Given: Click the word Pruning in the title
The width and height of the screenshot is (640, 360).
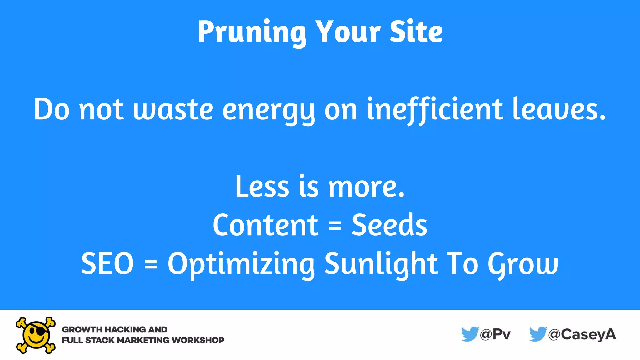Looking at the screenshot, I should tap(252, 32).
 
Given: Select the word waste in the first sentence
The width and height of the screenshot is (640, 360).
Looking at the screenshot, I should tap(173, 109).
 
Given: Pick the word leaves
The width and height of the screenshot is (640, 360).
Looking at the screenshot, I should tap(559, 109).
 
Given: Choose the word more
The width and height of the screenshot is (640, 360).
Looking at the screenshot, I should tap(366, 187).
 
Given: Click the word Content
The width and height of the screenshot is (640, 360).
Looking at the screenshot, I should tap(265, 225).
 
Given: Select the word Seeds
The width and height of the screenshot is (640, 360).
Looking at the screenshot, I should tap(389, 225).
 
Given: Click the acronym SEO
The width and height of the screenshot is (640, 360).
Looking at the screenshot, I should tap(107, 263).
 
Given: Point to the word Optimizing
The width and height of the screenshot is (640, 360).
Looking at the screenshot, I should tap(241, 264).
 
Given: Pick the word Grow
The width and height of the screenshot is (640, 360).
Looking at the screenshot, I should tap(523, 264).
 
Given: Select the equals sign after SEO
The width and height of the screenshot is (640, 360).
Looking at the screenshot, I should tap(151, 264).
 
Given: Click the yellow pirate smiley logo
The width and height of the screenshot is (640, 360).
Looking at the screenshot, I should tap(36, 335).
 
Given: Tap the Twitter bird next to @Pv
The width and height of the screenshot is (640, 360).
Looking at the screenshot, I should tap(470, 334).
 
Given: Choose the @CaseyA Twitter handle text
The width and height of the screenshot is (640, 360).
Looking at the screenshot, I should tap(582, 335).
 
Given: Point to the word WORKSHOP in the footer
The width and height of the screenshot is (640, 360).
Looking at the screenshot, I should tap(198, 340).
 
